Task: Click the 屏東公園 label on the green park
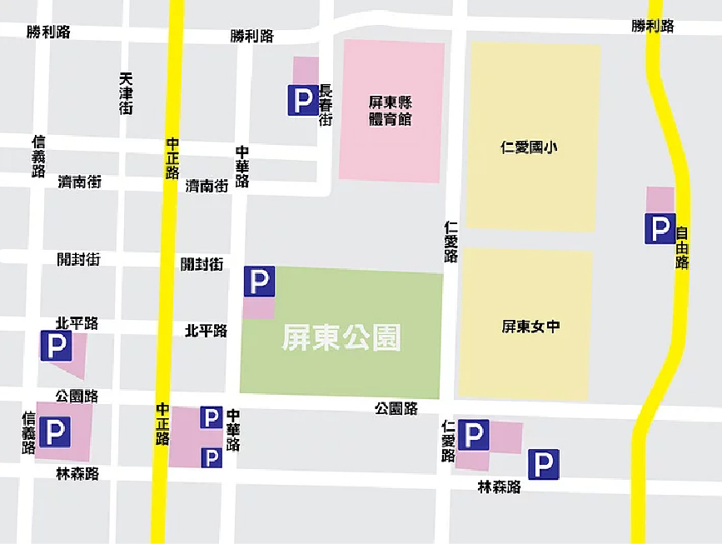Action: pos(341,337)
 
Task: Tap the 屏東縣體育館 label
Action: pos(391,110)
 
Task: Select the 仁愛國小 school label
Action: pos(529,147)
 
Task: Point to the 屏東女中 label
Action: pos(530,327)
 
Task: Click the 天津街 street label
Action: pos(126,93)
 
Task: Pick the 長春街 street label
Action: pos(326,105)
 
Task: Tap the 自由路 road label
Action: pos(682,248)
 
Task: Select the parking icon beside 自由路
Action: pos(660,228)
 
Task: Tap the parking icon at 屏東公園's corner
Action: pos(259,282)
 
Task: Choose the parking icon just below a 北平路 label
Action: pos(56,346)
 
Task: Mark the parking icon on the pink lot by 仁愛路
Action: pos(473,434)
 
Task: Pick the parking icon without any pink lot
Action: pos(543,464)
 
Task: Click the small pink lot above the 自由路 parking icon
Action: pos(660,199)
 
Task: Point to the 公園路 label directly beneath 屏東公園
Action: pos(396,408)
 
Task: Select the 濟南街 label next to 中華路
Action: pos(207,186)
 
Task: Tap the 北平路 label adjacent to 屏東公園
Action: pos(206,331)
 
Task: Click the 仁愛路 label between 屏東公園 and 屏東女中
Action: pos(451,242)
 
